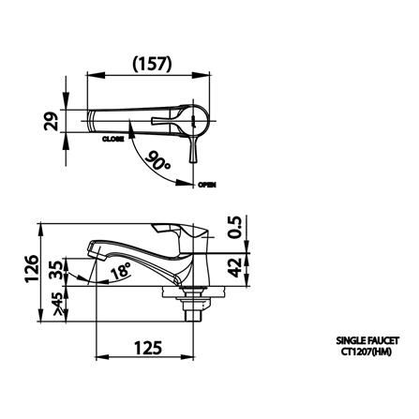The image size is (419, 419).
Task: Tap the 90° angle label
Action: pyautogui.click(x=160, y=160)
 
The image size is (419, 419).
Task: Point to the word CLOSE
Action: pyautogui.click(x=114, y=138)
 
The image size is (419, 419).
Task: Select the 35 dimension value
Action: pyautogui.click(x=56, y=273)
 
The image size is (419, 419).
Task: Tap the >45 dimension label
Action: pyautogui.click(x=56, y=301)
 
